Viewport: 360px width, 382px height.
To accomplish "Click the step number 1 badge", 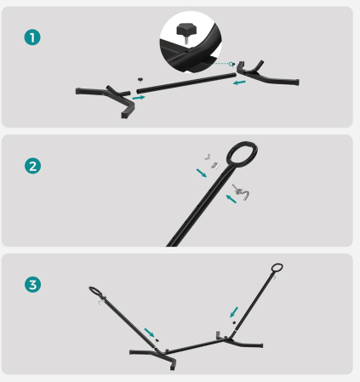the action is point(32,37).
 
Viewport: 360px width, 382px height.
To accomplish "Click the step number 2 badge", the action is point(32,166).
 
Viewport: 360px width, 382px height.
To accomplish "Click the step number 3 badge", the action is point(32,284).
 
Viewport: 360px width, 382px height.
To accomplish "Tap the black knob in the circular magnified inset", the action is point(184,31).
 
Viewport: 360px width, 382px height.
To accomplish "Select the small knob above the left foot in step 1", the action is point(140,80).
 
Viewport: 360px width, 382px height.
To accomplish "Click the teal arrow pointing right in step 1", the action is point(139,98).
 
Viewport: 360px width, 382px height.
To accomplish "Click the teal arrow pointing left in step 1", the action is point(239,83).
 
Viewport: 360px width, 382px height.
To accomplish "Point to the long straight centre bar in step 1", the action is point(186,83).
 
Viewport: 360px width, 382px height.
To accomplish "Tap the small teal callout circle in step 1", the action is point(231,64).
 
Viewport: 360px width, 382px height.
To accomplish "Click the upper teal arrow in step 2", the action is point(202,173).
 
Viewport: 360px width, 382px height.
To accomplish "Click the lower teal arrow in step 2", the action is point(231,199).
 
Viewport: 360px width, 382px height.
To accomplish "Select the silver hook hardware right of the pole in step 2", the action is point(241,192).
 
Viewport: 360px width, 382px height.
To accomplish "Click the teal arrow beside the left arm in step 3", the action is point(149,333).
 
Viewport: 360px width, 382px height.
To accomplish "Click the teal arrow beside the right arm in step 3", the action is point(234,312).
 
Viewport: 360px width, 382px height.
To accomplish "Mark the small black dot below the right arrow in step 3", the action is point(234,322).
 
